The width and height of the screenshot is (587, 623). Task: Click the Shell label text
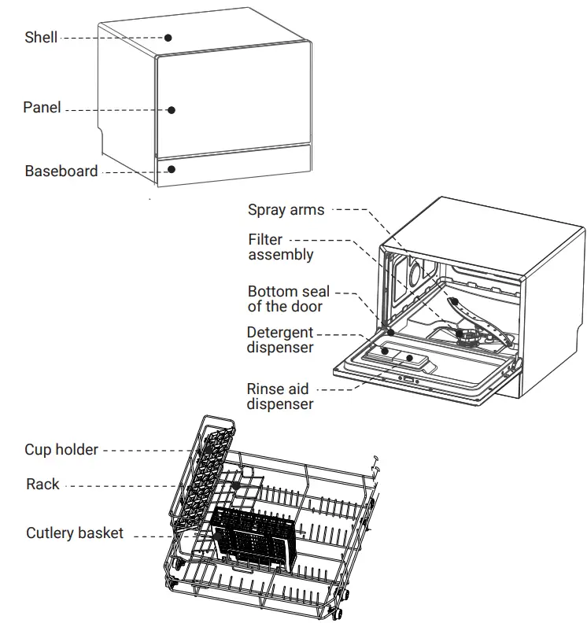40,37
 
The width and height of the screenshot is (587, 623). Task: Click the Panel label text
42,108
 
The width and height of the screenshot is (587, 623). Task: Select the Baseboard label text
61,171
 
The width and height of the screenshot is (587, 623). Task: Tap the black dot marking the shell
168,37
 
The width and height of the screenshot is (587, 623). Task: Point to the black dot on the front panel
171,110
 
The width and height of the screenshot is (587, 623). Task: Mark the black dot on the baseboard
171,168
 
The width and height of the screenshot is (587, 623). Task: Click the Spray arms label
286,209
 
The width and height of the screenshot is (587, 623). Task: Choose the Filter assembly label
280,247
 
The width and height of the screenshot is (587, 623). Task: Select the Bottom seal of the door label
289,299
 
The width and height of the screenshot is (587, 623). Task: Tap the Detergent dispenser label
280,340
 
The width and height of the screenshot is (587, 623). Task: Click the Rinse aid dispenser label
279,396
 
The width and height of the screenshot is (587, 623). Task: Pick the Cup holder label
61,450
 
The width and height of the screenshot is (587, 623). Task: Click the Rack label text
42,485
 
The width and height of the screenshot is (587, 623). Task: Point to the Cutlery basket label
75,533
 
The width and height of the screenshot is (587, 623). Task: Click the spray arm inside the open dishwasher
480,323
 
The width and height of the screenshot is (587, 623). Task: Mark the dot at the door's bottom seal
390,333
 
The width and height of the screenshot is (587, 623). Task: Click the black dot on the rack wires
234,488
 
